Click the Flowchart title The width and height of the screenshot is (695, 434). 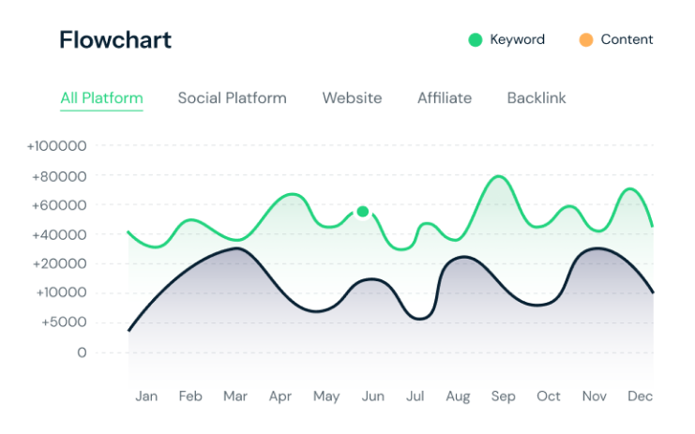coord(115,40)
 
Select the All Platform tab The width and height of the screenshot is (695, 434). coord(101,97)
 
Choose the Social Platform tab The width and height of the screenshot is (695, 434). coord(232,97)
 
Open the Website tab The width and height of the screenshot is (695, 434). coord(352,97)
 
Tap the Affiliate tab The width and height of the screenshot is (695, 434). coord(445,97)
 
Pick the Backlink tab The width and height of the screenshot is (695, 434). coord(536,97)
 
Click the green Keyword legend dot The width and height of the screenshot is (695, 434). coord(476,39)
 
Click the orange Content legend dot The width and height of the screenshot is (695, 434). coord(586,39)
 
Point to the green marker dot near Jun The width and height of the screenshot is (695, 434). coord(363,211)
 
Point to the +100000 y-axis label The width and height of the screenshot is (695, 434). coord(56,146)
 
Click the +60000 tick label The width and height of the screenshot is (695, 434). coord(60,205)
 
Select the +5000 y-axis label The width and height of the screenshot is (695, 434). coord(63,322)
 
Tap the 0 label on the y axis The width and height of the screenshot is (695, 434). coord(82,352)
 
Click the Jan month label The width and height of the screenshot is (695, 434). coord(146,397)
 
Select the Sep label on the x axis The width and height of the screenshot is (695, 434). coord(503,397)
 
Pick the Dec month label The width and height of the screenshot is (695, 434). coord(640,397)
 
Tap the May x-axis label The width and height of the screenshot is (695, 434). coord(325,397)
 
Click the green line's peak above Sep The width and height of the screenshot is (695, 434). coord(500,176)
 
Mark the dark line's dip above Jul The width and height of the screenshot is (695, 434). coord(420,319)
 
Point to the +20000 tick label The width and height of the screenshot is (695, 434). coord(60,263)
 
